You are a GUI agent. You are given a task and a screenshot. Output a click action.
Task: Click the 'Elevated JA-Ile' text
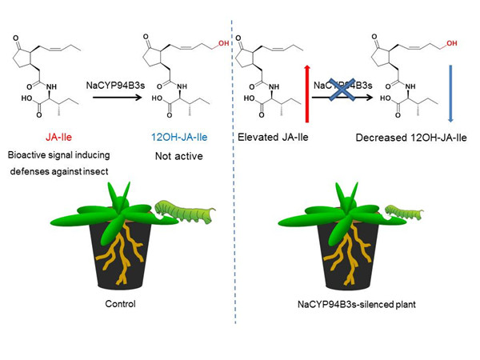[x=269, y=138]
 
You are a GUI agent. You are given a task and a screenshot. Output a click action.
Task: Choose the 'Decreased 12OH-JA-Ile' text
[x=404, y=138]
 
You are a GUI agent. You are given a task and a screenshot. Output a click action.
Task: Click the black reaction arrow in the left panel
[x=117, y=98]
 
